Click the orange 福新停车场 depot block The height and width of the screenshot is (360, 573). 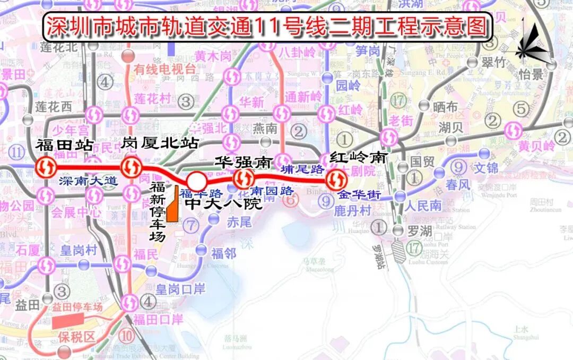pos(172,204)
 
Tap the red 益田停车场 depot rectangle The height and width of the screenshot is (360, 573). pos(68,320)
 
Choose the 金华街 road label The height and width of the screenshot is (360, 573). pos(360,194)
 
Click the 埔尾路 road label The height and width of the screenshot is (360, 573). pos(302,169)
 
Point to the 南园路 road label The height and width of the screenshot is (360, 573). pos(272,190)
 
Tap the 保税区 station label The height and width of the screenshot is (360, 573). pos(76,337)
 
